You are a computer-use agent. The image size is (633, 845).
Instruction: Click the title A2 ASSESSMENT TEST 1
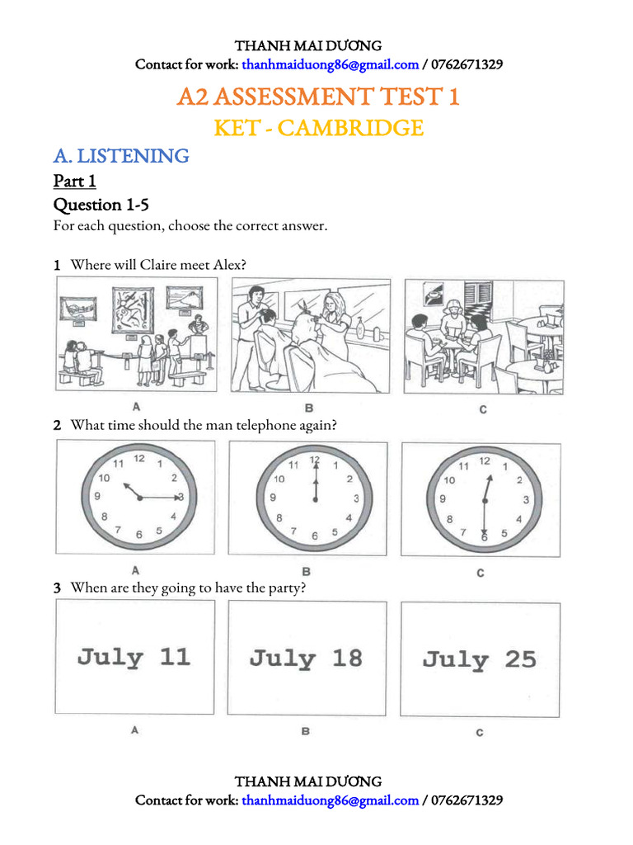318,97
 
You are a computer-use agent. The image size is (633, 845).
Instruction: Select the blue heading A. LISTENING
121,155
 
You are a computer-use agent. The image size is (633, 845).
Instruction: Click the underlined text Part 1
75,181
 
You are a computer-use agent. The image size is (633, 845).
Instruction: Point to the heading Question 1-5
101,205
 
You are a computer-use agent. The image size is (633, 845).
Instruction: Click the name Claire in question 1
158,265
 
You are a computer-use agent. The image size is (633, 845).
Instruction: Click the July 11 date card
134,658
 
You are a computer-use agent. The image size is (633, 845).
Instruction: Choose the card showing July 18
307,659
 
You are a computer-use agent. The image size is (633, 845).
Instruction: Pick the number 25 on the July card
520,659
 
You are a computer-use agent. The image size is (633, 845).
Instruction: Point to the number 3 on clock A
180,497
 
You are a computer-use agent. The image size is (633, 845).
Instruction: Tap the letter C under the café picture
482,408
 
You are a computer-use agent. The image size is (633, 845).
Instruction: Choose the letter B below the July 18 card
306,731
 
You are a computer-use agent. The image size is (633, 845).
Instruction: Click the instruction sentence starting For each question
190,226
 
